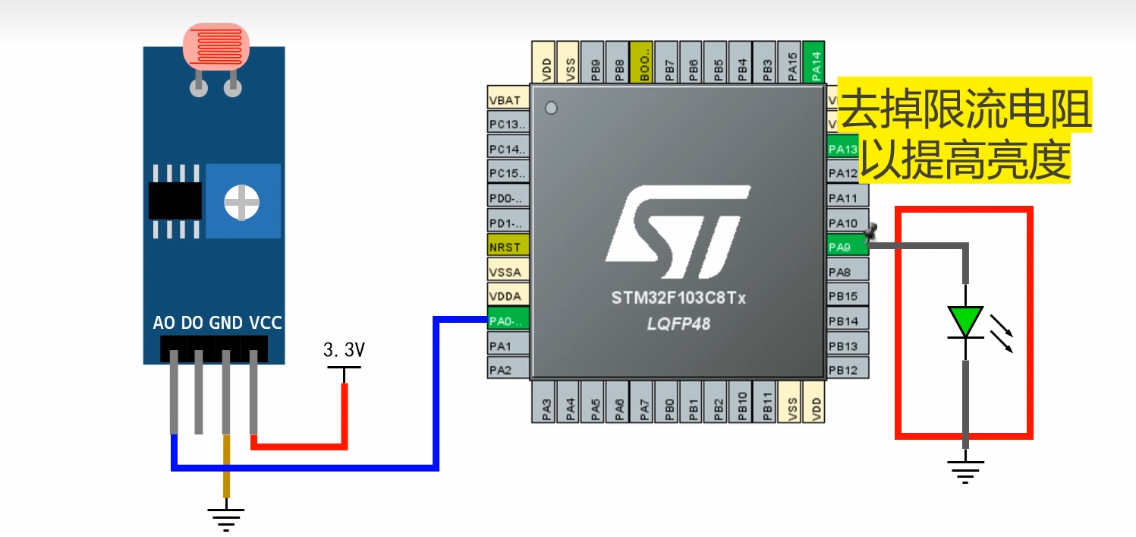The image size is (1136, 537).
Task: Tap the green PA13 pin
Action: (x=842, y=149)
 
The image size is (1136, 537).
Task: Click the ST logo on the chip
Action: (x=678, y=232)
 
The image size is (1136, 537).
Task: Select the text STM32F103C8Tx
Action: (x=678, y=299)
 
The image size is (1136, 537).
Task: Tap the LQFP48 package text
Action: (x=678, y=324)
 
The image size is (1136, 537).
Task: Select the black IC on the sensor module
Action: (x=175, y=201)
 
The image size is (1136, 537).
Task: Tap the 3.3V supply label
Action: (x=344, y=351)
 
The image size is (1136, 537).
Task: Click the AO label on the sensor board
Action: (x=164, y=323)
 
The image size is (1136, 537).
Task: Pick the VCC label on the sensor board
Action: (x=265, y=323)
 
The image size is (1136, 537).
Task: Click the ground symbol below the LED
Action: (x=965, y=471)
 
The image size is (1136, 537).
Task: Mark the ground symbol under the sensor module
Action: (x=225, y=518)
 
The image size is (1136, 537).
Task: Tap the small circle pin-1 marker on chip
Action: (x=552, y=108)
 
